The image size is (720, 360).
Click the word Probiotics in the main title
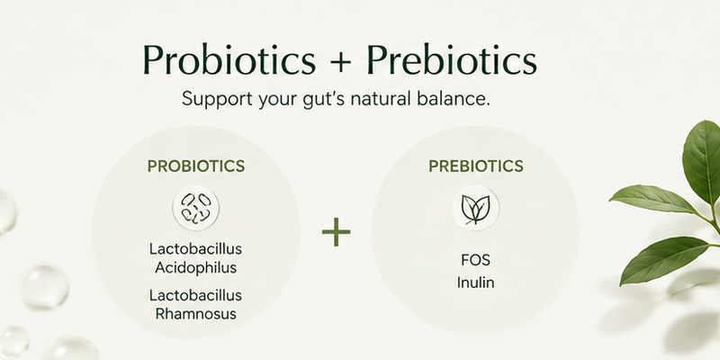[x=229, y=59]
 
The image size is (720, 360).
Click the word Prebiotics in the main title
[x=452, y=59]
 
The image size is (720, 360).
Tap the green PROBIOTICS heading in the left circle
[x=196, y=166]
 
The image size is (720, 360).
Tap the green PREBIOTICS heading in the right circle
[x=476, y=166]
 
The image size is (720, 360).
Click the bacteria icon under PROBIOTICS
[x=195, y=208]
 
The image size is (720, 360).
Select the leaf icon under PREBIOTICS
[x=476, y=209]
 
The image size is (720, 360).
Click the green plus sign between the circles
[x=336, y=232]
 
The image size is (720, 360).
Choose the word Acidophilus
[x=195, y=267]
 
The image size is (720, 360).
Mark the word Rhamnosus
[x=195, y=314]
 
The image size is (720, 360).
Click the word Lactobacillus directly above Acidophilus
[x=195, y=249]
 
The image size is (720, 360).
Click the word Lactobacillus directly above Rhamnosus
[x=195, y=295]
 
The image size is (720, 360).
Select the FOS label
[x=476, y=260]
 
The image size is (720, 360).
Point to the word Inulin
[x=476, y=283]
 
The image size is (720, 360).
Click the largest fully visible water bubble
[x=44, y=288]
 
